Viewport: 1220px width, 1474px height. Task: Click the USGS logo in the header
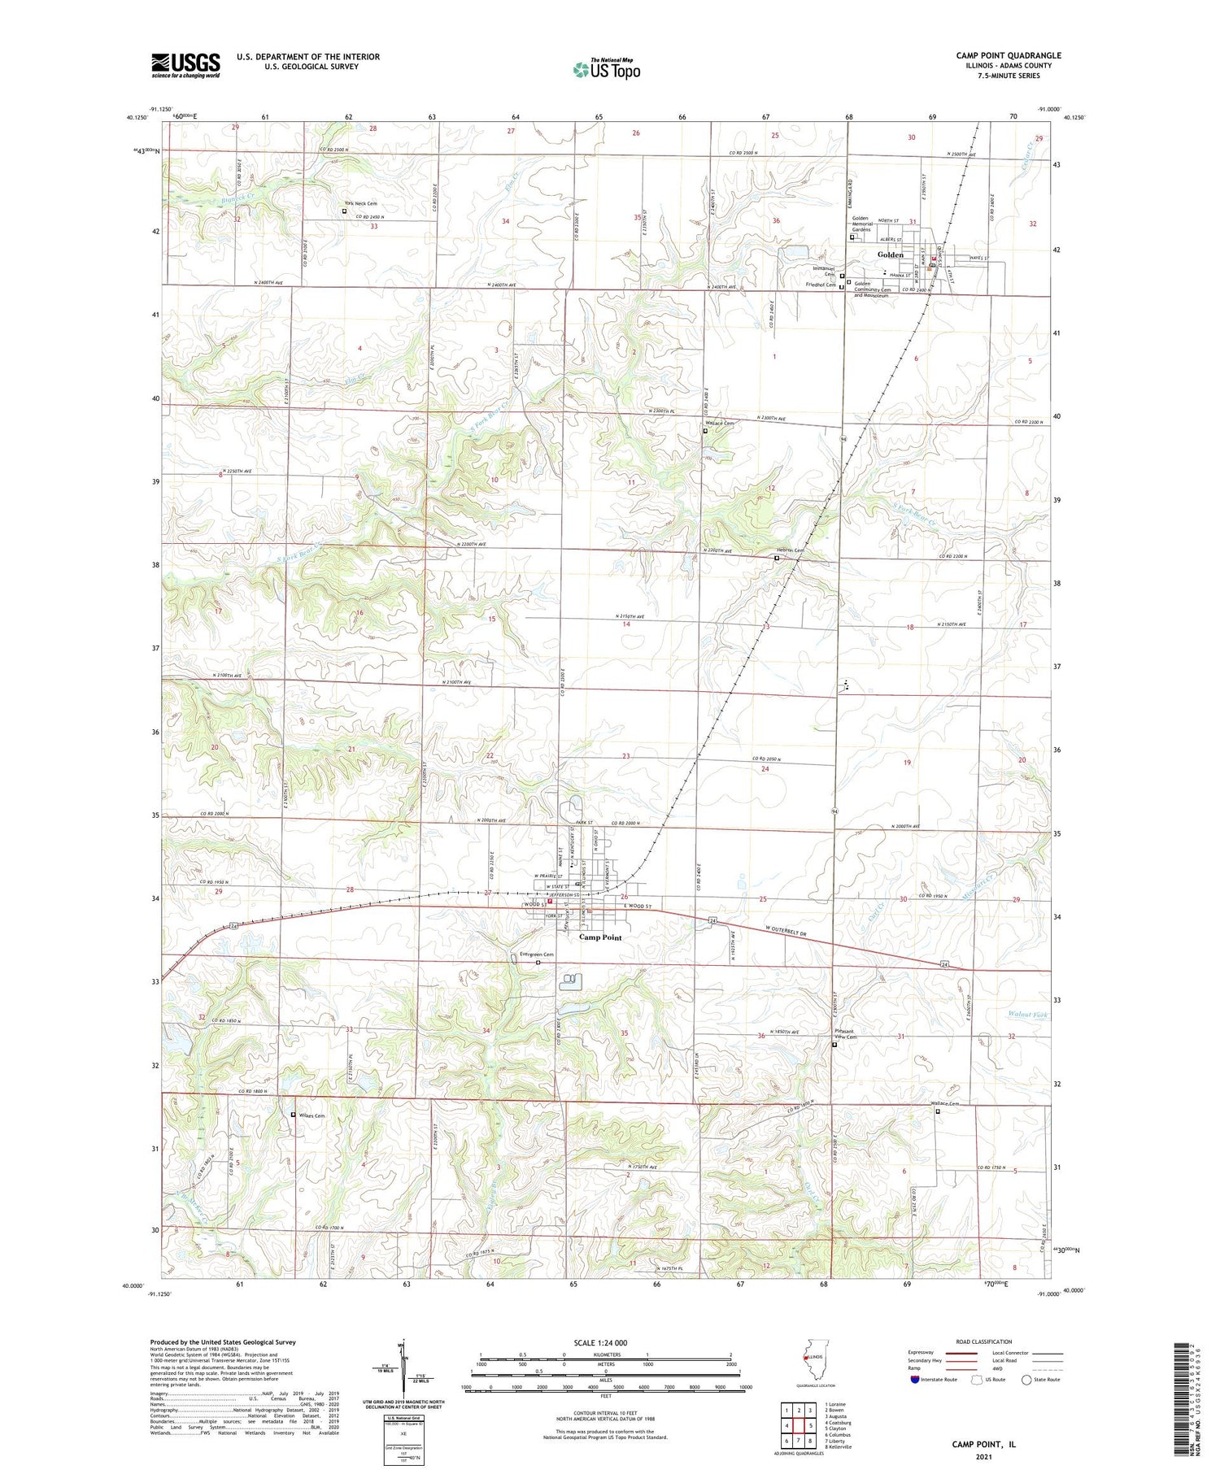click(185, 65)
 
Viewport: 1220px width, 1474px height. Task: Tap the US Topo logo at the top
click(607, 70)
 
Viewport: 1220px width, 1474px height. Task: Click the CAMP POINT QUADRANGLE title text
click(1008, 56)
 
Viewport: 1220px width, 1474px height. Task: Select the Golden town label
click(891, 254)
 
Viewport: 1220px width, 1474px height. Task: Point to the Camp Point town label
click(600, 937)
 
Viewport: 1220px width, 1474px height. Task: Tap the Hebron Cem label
click(789, 551)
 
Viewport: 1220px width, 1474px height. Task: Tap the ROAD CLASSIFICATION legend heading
click(984, 1342)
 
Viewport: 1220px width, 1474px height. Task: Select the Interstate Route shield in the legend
click(915, 1380)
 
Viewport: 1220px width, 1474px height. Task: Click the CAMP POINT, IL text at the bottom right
click(983, 1445)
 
